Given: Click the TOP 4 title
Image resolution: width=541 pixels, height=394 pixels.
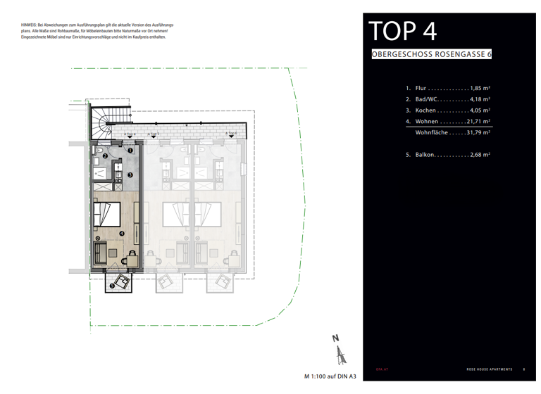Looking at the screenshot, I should click(402, 32).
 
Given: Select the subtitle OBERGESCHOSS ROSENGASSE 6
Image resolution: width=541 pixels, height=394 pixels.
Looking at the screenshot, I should click(431, 55).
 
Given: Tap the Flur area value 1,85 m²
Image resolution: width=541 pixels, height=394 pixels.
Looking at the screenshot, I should click(480, 89).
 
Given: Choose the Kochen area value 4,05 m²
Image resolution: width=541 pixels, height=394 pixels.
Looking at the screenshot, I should click(480, 110).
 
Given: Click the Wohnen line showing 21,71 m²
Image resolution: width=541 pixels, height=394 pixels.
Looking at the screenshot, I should click(447, 122).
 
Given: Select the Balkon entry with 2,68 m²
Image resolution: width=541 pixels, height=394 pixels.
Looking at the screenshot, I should click(447, 154).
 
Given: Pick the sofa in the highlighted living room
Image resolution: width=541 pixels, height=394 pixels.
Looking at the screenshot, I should click(100, 251).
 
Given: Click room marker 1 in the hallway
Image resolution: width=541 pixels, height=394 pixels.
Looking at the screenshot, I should click(130, 150).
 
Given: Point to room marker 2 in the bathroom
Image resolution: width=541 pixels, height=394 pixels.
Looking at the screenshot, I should click(105, 155).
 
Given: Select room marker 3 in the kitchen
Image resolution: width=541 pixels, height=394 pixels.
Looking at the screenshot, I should click(130, 174).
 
